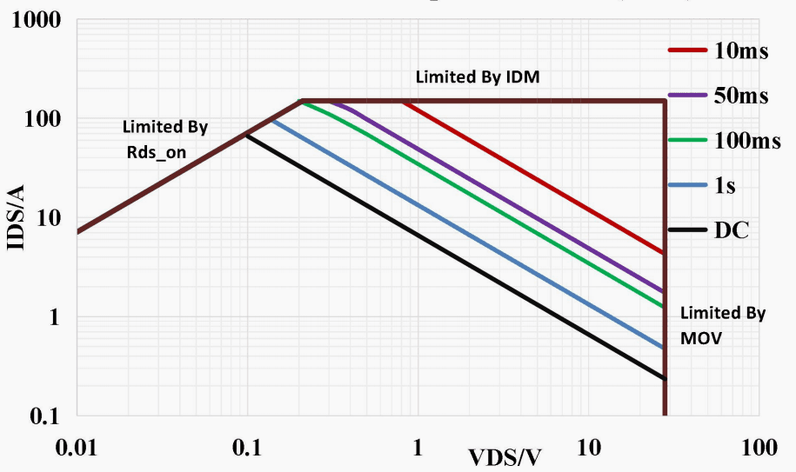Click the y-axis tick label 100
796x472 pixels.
(40, 118)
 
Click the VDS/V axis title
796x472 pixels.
(505, 457)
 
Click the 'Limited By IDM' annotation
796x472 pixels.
(478, 76)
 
